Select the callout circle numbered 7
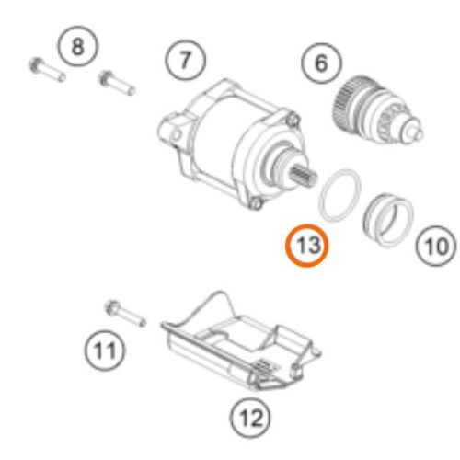point(185,61)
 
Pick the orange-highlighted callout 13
point(305,246)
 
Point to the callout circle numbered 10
point(434,245)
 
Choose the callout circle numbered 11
point(105,349)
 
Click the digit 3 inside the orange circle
point(312,246)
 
